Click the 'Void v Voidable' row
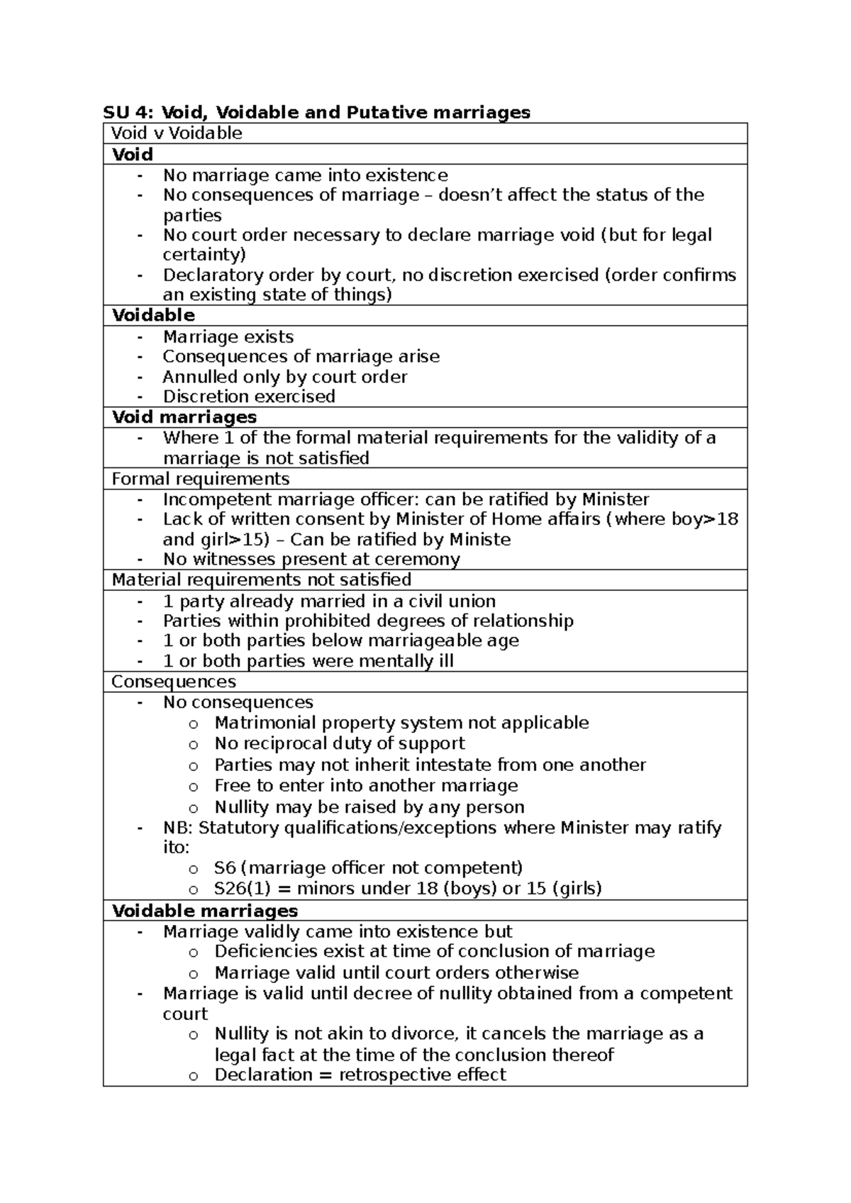[x=177, y=133]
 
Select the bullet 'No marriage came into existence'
[x=305, y=175]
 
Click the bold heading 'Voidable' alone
[x=153, y=316]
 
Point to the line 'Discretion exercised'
[x=248, y=397]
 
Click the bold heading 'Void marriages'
[x=184, y=417]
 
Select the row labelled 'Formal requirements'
[x=201, y=479]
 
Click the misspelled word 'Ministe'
[x=480, y=540]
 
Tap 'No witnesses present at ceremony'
[x=311, y=560]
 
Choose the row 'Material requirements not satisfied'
[x=261, y=580]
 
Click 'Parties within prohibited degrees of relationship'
[x=367, y=621]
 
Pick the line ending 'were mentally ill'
[x=308, y=662]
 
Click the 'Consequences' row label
[x=174, y=682]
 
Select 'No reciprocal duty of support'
[x=340, y=743]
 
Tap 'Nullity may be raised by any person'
[x=369, y=807]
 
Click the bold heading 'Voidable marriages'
[x=205, y=911]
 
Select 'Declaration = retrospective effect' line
[x=360, y=1075]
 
